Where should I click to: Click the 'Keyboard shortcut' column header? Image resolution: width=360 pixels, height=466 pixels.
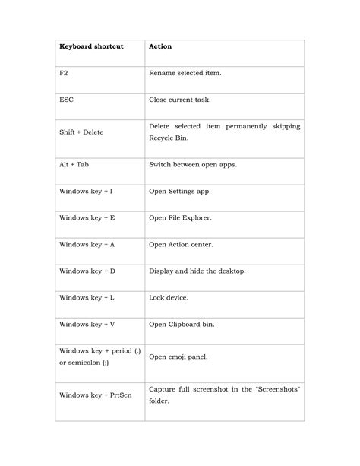click(91, 46)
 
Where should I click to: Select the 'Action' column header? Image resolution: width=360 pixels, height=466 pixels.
click(160, 46)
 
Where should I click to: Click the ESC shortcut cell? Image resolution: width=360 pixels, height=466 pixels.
click(67, 99)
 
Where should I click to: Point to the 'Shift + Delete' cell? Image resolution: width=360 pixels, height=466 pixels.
click(81, 132)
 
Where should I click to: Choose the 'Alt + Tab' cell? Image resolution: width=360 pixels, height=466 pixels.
click(74, 163)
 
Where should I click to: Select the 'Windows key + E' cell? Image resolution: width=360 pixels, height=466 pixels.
click(87, 217)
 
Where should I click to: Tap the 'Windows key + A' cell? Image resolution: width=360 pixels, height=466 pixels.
click(87, 244)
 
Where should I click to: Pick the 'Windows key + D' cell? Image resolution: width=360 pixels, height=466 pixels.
click(87, 271)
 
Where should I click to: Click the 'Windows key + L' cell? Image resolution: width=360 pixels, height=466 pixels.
click(87, 297)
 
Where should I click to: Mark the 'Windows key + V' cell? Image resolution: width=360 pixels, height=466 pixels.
click(87, 324)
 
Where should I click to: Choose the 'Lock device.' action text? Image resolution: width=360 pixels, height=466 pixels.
click(169, 297)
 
